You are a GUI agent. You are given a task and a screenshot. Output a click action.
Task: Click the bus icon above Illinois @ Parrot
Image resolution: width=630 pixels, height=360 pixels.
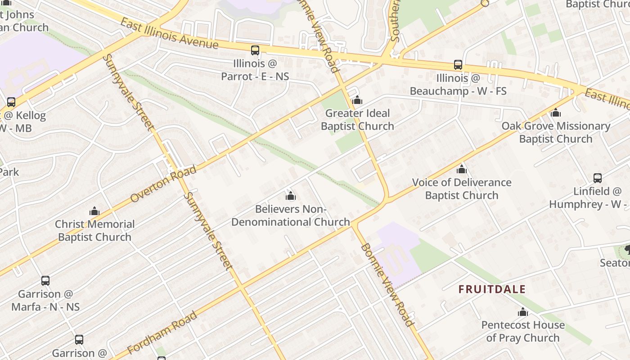tap(255, 50)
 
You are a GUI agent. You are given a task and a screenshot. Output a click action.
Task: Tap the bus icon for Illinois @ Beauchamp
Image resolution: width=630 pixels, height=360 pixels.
tap(458, 65)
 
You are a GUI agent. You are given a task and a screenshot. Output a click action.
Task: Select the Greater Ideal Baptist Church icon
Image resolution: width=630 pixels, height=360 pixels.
tap(357, 100)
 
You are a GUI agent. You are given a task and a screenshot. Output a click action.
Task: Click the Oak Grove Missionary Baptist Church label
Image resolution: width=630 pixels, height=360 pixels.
tap(556, 132)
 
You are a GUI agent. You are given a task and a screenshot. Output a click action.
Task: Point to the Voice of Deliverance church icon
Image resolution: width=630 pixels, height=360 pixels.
tap(462, 169)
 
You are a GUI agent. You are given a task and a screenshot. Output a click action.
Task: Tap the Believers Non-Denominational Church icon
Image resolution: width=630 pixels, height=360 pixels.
tap(291, 196)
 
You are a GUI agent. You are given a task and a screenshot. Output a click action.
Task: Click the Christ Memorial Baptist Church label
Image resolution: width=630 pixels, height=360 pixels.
tap(94, 230)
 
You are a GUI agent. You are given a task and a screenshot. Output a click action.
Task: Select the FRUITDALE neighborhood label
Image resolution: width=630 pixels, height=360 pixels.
tap(492, 289)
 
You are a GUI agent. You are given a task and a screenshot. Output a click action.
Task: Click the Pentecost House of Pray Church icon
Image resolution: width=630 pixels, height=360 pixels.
tap(522, 312)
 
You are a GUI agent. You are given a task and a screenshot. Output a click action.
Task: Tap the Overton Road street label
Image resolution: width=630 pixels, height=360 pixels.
tap(163, 184)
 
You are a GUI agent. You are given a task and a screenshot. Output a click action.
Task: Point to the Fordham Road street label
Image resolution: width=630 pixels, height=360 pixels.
tap(162, 332)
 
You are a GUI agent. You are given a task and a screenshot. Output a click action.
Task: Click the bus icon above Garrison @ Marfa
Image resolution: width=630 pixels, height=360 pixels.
tap(45, 281)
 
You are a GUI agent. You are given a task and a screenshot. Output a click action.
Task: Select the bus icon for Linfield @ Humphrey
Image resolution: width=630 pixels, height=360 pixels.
tap(597, 178)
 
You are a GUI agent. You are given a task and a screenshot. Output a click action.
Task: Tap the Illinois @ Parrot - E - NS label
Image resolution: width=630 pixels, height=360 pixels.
tap(255, 70)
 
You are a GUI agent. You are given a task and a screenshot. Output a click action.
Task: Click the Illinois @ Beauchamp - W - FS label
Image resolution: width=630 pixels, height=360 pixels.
tap(458, 85)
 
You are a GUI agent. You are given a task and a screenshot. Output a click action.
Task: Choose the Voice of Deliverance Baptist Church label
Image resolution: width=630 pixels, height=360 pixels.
tap(462, 189)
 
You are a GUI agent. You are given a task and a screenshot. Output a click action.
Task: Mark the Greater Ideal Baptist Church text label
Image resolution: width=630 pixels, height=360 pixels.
tap(357, 120)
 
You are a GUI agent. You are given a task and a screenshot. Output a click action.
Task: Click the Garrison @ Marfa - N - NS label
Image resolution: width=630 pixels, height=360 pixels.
tap(45, 300)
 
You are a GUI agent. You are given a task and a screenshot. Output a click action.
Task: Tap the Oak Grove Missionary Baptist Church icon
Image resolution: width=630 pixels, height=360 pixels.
tap(556, 112)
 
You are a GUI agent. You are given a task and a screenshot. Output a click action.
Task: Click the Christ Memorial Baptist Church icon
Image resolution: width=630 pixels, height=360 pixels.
tap(94, 211)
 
